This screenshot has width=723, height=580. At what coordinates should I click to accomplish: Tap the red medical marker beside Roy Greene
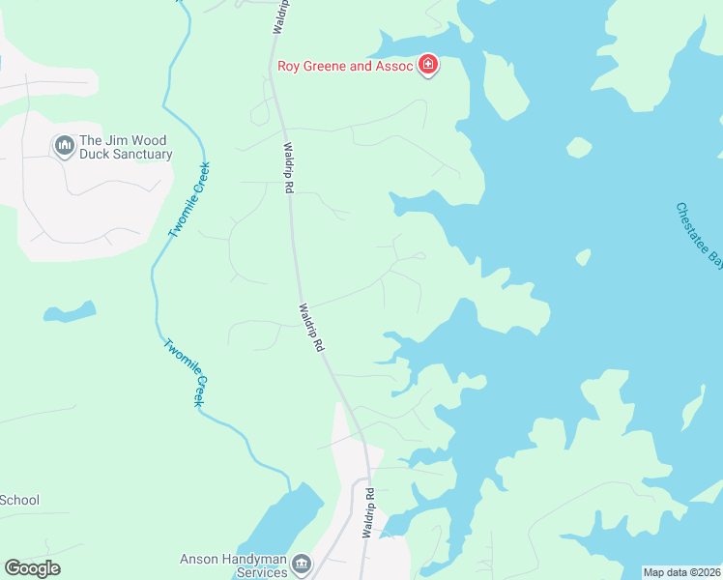click(x=427, y=66)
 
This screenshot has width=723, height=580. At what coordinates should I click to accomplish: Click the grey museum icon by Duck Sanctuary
click(x=65, y=146)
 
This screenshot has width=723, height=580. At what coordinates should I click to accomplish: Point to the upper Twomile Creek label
click(x=188, y=200)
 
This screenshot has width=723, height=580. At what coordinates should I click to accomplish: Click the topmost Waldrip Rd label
click(x=277, y=17)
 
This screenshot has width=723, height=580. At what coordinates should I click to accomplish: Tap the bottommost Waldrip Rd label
click(x=368, y=513)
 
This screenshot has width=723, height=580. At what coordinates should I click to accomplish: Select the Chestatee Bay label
click(x=699, y=234)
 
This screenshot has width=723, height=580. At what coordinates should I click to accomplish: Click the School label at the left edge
click(x=19, y=500)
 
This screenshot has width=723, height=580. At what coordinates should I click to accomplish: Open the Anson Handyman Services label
click(x=234, y=565)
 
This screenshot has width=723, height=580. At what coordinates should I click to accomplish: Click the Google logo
click(x=32, y=568)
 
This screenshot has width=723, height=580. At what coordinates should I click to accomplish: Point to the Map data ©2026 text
click(x=681, y=572)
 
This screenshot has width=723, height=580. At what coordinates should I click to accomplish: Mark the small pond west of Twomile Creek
click(x=71, y=312)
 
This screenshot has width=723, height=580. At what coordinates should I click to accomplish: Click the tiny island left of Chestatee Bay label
click(x=583, y=257)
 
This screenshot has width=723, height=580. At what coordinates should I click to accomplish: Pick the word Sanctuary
click(x=139, y=155)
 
